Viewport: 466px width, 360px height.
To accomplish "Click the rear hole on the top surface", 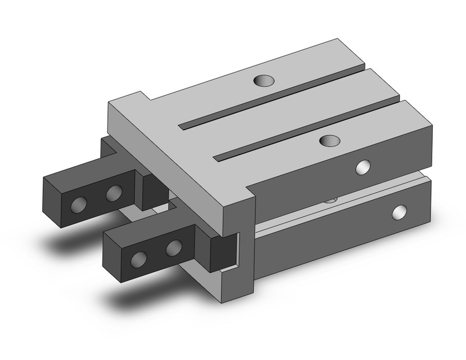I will pyautogui.click(x=264, y=80).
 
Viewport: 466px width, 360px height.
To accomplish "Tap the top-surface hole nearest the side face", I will pyautogui.click(x=330, y=140).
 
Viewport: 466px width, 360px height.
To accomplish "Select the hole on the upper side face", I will pyautogui.click(x=363, y=167).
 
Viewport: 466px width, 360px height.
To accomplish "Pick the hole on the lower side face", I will pyautogui.click(x=400, y=212).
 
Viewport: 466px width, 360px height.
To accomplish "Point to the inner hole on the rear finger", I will pyautogui.click(x=113, y=194).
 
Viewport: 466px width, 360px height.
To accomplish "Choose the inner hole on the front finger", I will pyautogui.click(x=174, y=248).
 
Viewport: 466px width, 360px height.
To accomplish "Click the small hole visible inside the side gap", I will pyautogui.click(x=331, y=199).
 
